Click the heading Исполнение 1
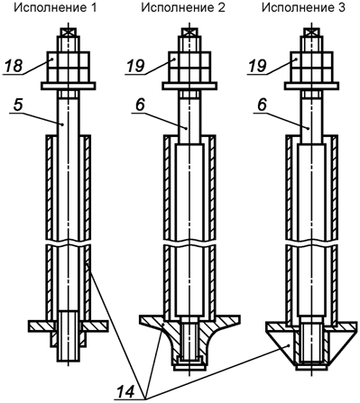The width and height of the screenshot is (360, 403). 55,8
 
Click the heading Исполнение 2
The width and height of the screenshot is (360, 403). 183,8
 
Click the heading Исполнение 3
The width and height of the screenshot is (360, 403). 303,8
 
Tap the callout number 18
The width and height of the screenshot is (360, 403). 14,66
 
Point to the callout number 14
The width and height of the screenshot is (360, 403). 125,392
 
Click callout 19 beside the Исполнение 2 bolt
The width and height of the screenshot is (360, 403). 135,66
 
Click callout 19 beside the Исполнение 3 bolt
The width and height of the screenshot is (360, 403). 257,66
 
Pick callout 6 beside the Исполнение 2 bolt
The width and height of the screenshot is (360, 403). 140,105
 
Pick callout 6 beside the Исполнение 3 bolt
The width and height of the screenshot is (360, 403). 262,105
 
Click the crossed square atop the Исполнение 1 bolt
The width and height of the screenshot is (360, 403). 69,32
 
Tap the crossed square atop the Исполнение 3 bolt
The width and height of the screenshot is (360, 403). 311,32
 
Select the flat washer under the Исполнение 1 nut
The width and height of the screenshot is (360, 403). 69,87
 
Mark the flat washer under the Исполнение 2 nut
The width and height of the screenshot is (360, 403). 189,86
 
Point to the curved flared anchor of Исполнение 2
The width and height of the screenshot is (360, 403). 189,341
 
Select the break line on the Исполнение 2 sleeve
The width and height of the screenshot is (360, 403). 189,243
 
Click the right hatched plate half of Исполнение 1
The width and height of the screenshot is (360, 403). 96,326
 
